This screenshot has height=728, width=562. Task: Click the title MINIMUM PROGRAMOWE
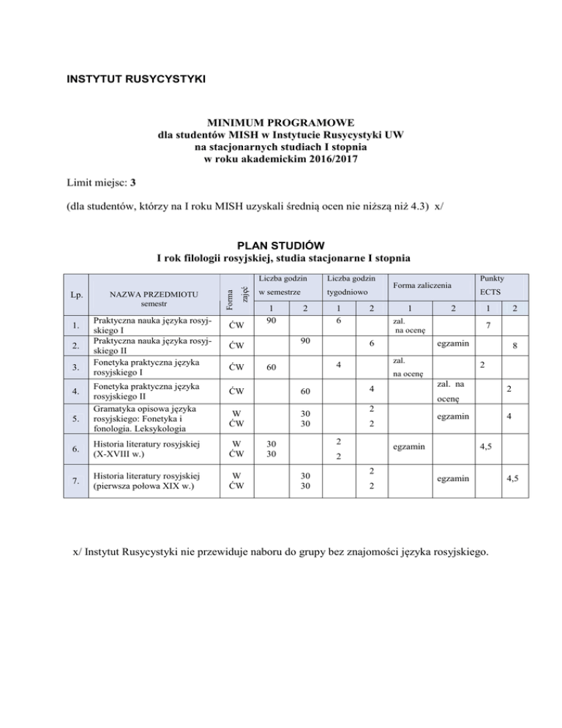(280, 124)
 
